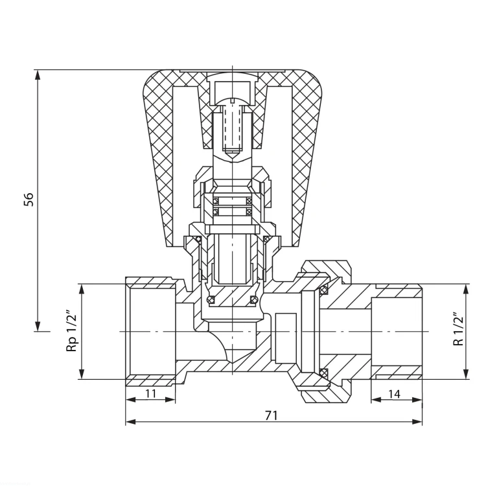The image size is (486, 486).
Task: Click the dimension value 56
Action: (x=29, y=200)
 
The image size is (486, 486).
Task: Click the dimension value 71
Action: (x=272, y=415)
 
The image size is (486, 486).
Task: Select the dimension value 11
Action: (x=150, y=393)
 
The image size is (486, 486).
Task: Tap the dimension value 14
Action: (x=394, y=394)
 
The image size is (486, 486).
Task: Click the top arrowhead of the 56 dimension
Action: (x=38, y=76)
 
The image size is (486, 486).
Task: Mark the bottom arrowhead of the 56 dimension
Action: (x=38, y=325)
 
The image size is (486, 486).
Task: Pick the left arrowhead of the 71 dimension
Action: (x=132, y=422)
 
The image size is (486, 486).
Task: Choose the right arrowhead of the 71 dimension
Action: (x=416, y=422)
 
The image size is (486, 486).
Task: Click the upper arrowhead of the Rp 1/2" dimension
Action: (x=82, y=290)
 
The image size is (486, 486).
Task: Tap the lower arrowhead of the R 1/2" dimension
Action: (x=465, y=373)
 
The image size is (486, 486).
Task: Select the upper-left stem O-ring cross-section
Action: (x=216, y=201)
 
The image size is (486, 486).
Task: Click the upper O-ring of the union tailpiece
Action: (x=323, y=290)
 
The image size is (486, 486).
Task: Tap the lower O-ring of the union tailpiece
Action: (x=323, y=372)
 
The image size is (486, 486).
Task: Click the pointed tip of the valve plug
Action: (x=233, y=363)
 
